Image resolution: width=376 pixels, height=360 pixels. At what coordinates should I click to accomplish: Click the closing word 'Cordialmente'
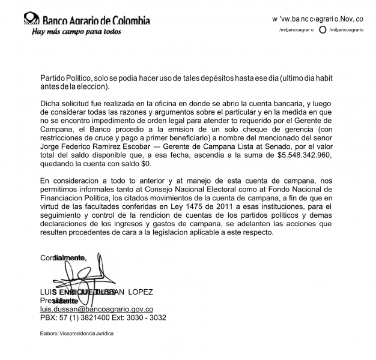pyautogui.click(x=63, y=258)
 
